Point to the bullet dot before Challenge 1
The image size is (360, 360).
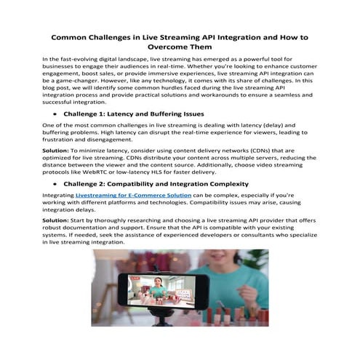[x=53, y=115]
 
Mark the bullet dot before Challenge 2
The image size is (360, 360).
[x=53, y=185]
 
